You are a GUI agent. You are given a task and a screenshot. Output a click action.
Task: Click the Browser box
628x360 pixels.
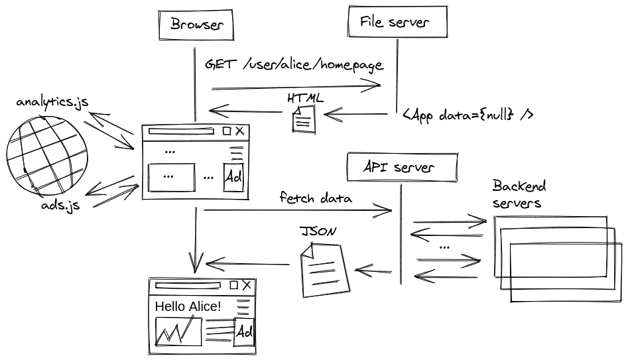coord(196,26)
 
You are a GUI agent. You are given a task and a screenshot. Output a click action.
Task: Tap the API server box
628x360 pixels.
coord(402,167)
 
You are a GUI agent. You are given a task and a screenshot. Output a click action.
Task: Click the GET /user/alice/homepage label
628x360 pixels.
coord(294,65)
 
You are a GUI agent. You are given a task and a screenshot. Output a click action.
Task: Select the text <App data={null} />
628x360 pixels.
coord(468,115)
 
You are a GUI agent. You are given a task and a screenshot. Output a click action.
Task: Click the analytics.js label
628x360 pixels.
coord(52,102)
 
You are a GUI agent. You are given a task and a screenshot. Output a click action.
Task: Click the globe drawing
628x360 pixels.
coord(46,155)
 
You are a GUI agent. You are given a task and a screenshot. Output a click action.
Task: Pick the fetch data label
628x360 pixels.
coord(316,198)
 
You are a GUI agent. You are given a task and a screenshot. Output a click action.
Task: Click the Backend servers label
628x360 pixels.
coord(519,194)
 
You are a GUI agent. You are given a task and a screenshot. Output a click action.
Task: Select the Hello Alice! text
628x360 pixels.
coord(188,306)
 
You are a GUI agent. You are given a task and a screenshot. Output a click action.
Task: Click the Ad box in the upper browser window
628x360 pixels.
coord(234,177)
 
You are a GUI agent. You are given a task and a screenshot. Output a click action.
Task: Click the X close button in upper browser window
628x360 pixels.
coord(239,131)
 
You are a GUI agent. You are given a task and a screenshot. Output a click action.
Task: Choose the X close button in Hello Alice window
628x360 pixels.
coord(247,285)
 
